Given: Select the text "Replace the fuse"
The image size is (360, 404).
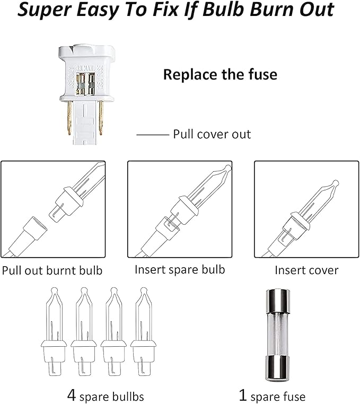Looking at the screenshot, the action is (x=221, y=74).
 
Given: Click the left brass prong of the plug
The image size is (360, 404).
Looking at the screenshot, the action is (x=69, y=118).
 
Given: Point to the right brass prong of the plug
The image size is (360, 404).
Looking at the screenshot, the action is (x=101, y=118).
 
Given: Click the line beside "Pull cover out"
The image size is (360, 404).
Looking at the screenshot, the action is (x=153, y=135).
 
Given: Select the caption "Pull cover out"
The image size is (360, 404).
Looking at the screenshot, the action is (x=212, y=134).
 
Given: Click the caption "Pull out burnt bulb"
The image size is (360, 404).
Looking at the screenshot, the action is (x=52, y=270).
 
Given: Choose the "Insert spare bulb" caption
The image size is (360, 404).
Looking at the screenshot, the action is (x=180, y=270).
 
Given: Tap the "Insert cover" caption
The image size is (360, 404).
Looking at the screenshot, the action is (x=306, y=270).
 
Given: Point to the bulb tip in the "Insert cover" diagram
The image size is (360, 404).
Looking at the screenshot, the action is (x=336, y=183).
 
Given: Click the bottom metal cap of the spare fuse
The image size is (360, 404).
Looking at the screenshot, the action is (x=278, y=368).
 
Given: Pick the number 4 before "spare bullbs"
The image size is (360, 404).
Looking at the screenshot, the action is (x=72, y=395).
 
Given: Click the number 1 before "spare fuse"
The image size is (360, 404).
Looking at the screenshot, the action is (x=242, y=395).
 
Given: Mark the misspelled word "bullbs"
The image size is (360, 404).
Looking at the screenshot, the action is (x=127, y=396).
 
